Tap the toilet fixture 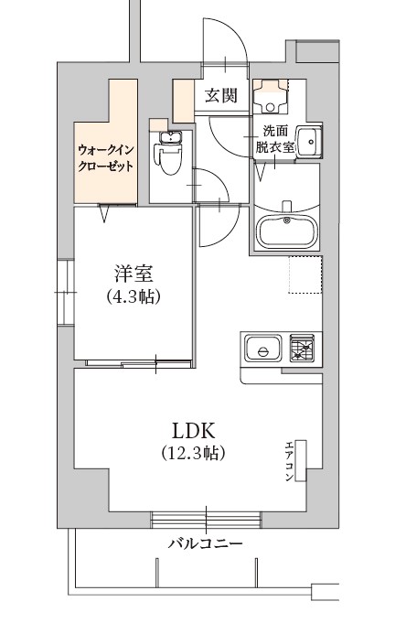170,161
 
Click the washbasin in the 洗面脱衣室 308,142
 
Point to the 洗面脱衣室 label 274,138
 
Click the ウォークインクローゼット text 106,157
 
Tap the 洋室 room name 133,274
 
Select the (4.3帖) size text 133,296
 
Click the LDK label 194,430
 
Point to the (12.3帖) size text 194,453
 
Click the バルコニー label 205,543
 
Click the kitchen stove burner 303,349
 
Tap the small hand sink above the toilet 170,137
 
